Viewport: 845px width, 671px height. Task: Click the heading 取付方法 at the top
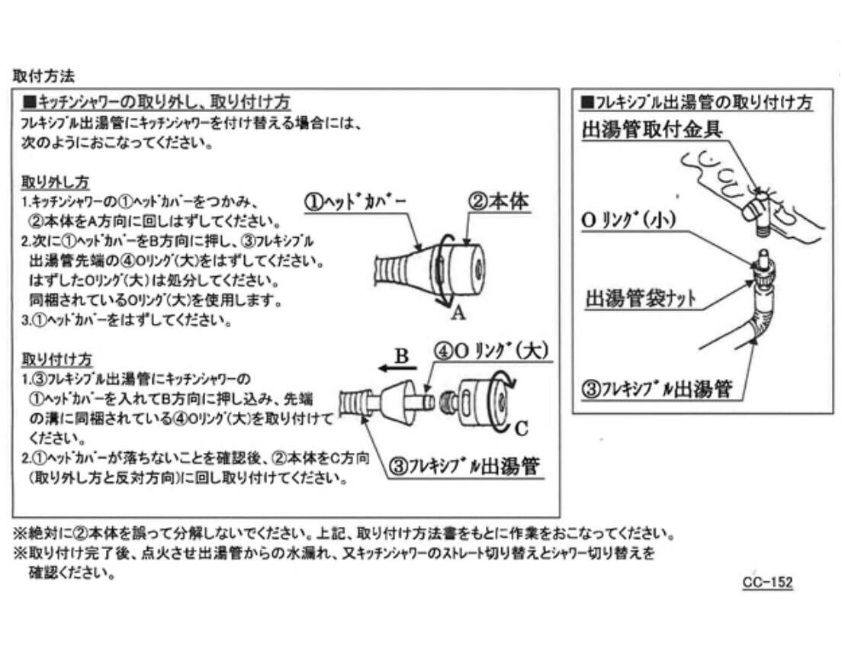(x=43, y=76)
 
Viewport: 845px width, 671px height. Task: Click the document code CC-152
(x=767, y=583)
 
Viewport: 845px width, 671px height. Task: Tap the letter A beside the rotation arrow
(x=458, y=313)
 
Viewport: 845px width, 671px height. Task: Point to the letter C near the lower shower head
(x=521, y=428)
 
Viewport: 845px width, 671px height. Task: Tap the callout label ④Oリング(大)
(x=492, y=352)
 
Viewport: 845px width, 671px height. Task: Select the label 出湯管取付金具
(x=651, y=128)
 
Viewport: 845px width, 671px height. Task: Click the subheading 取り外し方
(x=56, y=183)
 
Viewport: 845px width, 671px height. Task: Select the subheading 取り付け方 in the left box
(x=56, y=358)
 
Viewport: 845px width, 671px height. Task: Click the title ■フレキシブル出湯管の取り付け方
(x=696, y=102)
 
